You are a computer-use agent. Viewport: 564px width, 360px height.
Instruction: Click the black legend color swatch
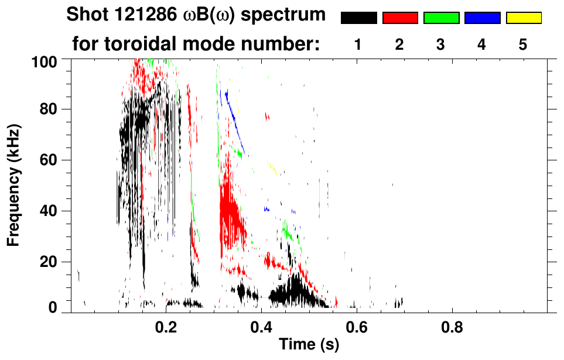(358, 18)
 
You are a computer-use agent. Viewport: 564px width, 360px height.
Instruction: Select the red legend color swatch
(400, 18)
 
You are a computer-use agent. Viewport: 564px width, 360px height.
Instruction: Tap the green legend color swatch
(441, 18)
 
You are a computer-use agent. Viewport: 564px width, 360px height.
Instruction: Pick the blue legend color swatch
(482, 18)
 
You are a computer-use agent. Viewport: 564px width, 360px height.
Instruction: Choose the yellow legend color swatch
(524, 18)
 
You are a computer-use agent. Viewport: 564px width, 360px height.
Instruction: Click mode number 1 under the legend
(358, 44)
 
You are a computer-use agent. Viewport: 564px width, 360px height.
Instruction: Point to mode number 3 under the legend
(441, 44)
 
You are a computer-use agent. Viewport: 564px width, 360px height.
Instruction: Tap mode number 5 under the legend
(524, 44)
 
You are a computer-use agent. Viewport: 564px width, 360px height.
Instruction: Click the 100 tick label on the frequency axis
(45, 61)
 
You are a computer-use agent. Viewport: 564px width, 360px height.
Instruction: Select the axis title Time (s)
(309, 345)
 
